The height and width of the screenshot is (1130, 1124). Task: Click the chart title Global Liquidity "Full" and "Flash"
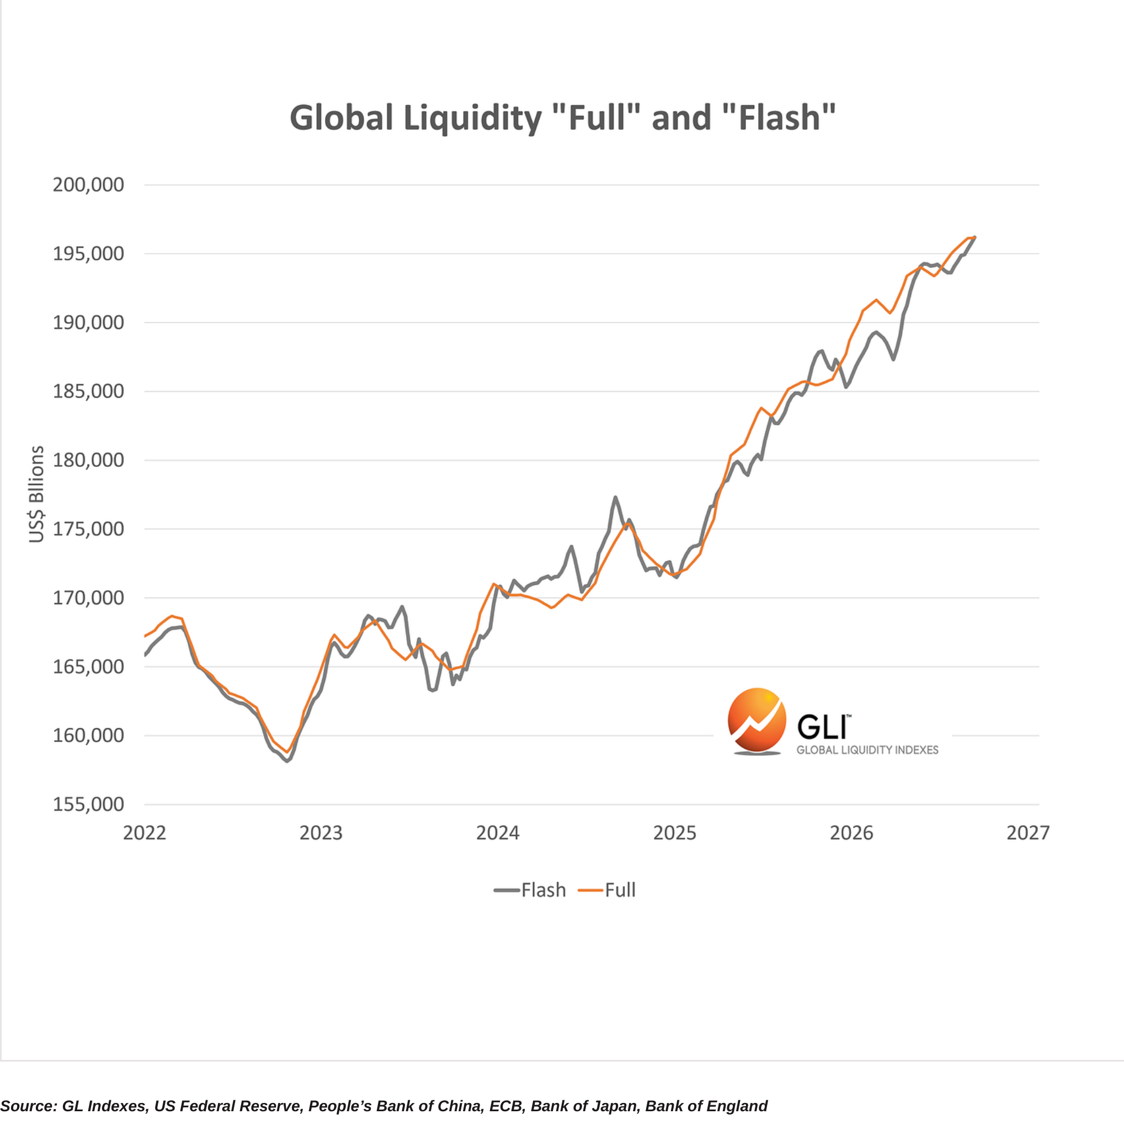563,118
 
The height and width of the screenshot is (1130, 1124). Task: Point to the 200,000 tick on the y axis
88,185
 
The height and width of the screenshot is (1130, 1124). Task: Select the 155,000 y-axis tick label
88,804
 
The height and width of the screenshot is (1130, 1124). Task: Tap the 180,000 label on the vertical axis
88,460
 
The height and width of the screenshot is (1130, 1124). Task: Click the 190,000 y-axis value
88,322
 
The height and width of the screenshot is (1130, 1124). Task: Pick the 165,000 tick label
88,667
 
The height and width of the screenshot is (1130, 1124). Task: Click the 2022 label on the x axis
145,833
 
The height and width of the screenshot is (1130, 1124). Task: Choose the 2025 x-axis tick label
675,833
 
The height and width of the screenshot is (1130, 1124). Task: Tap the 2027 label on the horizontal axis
1028,833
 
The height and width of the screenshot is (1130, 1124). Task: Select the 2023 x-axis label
321,833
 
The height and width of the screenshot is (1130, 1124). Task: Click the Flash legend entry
530,890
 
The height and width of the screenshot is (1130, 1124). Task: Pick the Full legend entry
606,890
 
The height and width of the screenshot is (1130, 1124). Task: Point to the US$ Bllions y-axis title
36,494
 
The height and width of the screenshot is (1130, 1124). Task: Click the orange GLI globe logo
757,721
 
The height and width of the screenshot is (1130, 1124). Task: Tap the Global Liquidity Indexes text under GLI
867,750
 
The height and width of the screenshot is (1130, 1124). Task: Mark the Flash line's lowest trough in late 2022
287,761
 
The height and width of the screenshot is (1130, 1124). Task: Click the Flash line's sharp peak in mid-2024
615,498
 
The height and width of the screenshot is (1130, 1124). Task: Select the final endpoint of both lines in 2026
975,237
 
